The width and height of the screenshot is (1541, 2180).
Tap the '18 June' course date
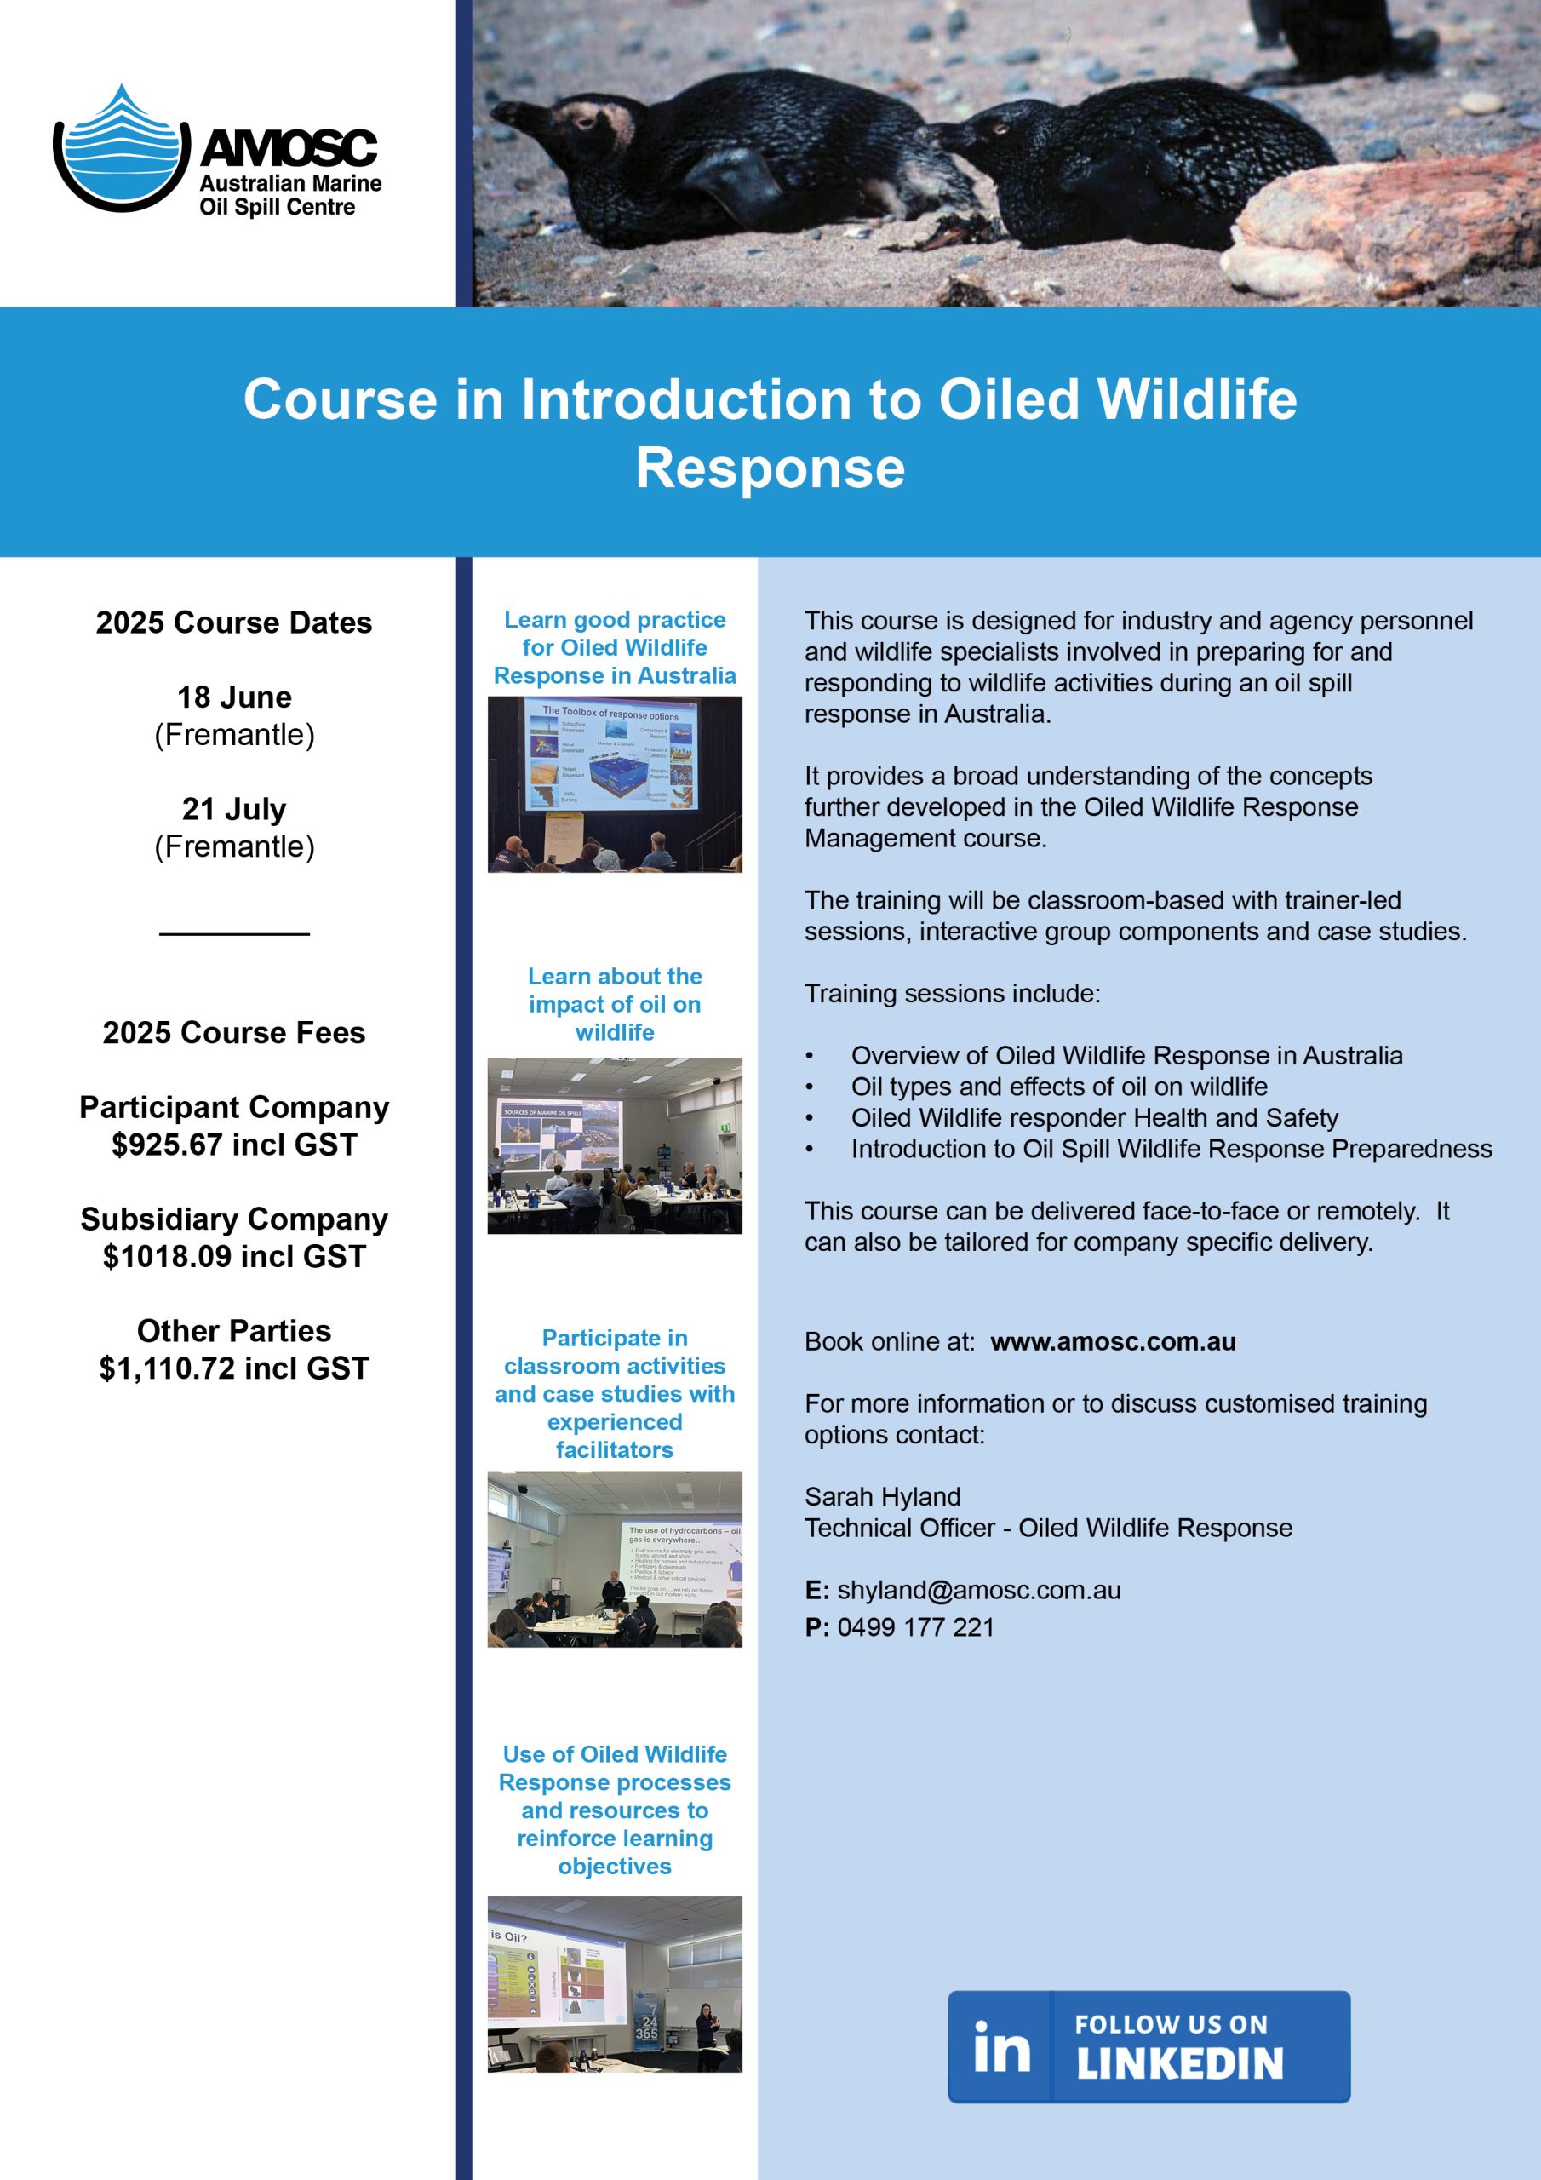tap(233, 697)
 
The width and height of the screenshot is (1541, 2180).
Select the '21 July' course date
tap(233, 809)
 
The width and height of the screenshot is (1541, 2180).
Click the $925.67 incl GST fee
tap(233, 1145)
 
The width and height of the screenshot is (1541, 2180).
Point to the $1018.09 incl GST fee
tap(233, 1257)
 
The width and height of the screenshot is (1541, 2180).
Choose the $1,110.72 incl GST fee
tap(233, 1368)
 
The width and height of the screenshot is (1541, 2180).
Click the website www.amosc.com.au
tap(1113, 1341)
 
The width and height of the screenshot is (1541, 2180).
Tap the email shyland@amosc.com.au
tap(978, 1591)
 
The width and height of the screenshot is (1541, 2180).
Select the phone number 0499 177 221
tap(915, 1627)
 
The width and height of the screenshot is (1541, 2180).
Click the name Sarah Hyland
tap(882, 1497)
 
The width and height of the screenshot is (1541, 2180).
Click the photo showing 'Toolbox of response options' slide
tap(615, 784)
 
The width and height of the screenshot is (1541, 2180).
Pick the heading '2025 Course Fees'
tap(233, 1033)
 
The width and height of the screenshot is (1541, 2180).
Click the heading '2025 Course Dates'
tap(233, 622)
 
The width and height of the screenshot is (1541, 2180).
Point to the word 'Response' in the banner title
tap(770, 468)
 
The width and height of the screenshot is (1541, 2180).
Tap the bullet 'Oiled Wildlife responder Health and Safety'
tap(1094, 1117)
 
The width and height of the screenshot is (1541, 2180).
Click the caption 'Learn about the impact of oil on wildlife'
tap(615, 1005)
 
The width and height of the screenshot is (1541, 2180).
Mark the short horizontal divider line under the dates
tap(233, 934)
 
